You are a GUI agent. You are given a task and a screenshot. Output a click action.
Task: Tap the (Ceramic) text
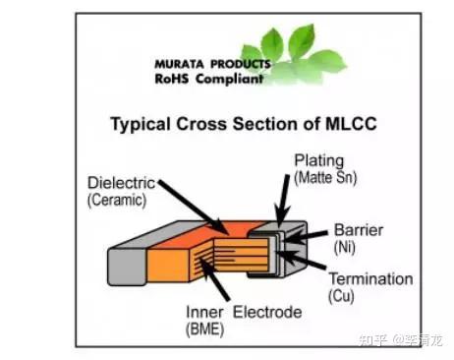117,200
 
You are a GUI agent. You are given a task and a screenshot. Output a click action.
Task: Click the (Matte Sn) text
325,177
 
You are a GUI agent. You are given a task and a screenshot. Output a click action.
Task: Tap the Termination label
369,278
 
